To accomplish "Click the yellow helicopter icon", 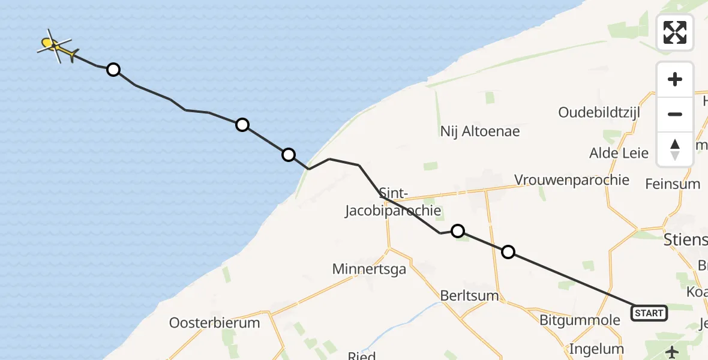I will click(55, 46).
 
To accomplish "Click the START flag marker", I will click(649, 313).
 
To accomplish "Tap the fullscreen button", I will click(675, 32).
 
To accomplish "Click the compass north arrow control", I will click(675, 149).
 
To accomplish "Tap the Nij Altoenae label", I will click(479, 131).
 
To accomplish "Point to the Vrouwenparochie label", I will click(572, 180).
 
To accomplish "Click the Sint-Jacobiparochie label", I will click(394, 202).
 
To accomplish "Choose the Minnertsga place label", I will click(369, 269).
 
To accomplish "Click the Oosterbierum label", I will click(214, 323).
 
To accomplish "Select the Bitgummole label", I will click(580, 320).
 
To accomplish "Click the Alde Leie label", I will click(619, 153).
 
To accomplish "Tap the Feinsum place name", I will click(672, 184).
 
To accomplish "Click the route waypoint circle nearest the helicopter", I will click(113, 70).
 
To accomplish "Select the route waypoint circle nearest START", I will click(508, 252).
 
